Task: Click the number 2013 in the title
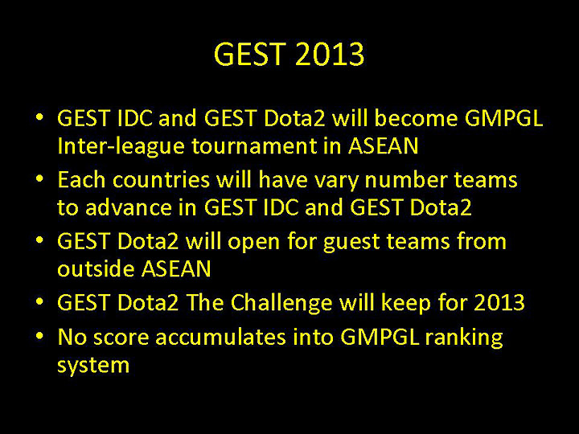point(330,55)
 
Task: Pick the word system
point(92,365)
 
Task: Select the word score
point(120,338)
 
